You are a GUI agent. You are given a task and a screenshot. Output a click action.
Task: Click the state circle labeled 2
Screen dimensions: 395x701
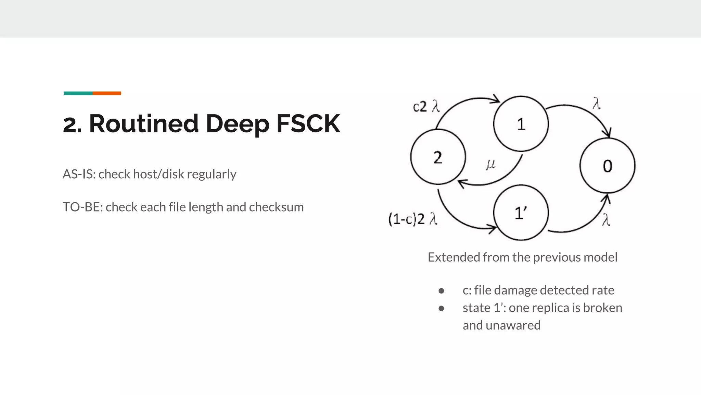[438, 157]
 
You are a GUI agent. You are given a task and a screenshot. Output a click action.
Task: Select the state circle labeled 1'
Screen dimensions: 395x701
[521, 213]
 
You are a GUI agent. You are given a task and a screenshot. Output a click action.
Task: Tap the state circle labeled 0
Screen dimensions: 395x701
[607, 166]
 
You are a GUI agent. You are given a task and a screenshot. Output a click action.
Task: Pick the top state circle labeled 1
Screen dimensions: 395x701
[521, 124]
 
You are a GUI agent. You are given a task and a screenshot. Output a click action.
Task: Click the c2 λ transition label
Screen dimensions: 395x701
[426, 106]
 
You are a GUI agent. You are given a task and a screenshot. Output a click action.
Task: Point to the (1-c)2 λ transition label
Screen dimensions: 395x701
[412, 219]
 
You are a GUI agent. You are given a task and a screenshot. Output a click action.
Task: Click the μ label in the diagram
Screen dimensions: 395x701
[490, 165]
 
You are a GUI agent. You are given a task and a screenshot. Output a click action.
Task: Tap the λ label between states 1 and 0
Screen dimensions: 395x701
[596, 103]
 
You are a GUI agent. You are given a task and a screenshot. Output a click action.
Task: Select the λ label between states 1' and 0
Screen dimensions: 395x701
[606, 220]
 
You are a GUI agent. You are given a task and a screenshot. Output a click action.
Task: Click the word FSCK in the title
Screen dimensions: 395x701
[308, 123]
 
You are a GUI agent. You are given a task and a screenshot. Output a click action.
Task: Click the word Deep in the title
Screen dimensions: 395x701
[237, 124]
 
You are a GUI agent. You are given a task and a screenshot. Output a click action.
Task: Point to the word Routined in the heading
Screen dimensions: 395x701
[144, 123]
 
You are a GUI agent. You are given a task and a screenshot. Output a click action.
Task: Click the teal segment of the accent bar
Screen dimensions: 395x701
[78, 93]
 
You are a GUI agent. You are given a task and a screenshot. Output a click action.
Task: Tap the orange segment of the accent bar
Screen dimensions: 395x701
[106, 93]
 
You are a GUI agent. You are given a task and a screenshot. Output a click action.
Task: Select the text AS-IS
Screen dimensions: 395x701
[79, 174]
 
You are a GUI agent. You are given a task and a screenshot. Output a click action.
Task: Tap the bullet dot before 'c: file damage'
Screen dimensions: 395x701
[441, 291]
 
